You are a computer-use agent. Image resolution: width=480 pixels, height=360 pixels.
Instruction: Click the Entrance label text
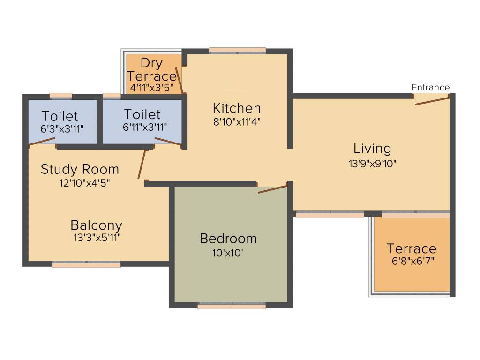tap(430, 87)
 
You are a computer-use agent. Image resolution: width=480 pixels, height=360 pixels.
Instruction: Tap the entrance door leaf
tap(432, 100)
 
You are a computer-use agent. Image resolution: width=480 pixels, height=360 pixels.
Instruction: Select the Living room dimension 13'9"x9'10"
tap(372, 164)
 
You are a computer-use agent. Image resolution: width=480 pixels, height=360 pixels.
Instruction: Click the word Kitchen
tap(237, 108)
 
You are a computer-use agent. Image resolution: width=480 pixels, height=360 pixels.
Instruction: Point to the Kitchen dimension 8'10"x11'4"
tap(237, 122)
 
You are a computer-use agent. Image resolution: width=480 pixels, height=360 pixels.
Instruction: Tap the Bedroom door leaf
tap(272, 189)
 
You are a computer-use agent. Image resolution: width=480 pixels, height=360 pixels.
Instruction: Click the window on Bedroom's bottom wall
tap(232, 306)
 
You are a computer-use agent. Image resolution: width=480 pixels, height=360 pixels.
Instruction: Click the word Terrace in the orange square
tap(411, 248)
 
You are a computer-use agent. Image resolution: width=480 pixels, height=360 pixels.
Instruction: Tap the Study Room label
tap(80, 169)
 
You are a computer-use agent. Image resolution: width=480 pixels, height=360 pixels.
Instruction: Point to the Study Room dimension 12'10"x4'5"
tap(84, 183)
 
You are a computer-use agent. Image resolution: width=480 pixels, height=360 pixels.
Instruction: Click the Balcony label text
tap(97, 225)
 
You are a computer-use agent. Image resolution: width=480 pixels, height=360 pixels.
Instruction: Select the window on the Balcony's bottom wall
tap(86, 264)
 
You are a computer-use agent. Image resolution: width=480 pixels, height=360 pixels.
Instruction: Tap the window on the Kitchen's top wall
tap(237, 51)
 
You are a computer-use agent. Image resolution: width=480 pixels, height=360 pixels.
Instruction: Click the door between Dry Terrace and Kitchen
tap(180, 81)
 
